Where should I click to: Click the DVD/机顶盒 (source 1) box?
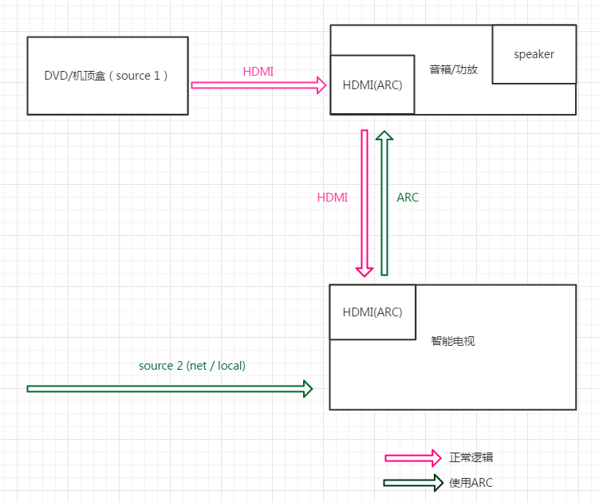108,76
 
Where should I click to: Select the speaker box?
534,54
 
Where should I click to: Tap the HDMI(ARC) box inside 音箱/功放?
372,85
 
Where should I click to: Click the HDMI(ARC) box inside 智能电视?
372,312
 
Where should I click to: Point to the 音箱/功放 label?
453,69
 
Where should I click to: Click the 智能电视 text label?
453,341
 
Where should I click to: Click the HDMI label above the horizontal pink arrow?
258,72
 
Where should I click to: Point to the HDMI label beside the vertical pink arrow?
333,198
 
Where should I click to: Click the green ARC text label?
408,198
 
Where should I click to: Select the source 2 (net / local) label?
192,366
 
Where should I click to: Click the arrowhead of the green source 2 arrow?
307,389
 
